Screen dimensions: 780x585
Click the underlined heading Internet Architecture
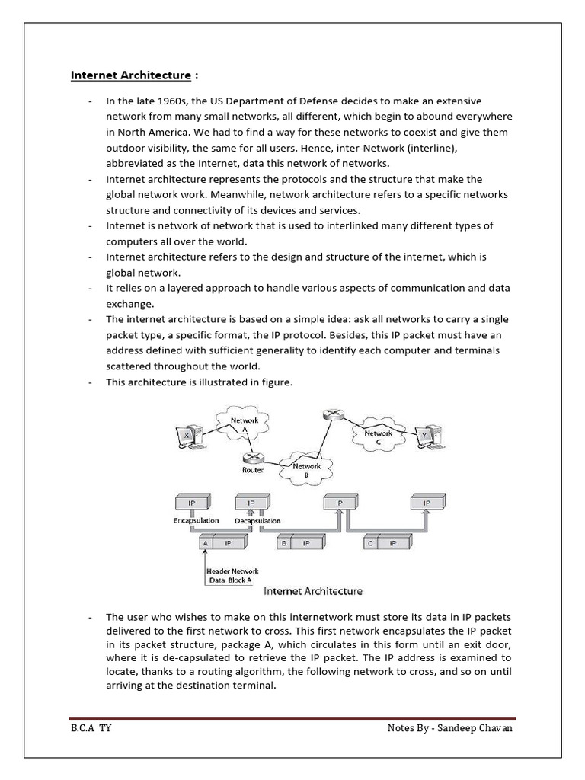[x=130, y=75]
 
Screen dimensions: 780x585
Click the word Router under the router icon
[x=253, y=470]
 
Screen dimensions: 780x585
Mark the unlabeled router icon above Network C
[x=331, y=414]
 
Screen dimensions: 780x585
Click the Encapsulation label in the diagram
[x=196, y=521]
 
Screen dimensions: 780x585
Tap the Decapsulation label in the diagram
[x=257, y=521]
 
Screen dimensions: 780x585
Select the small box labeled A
[x=205, y=543]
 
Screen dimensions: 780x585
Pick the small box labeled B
[x=283, y=543]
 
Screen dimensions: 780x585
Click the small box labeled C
[x=370, y=543]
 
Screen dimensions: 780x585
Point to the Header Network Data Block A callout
[x=232, y=576]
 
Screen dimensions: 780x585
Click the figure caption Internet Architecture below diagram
[x=312, y=590]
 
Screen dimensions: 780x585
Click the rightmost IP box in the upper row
[x=426, y=503]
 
